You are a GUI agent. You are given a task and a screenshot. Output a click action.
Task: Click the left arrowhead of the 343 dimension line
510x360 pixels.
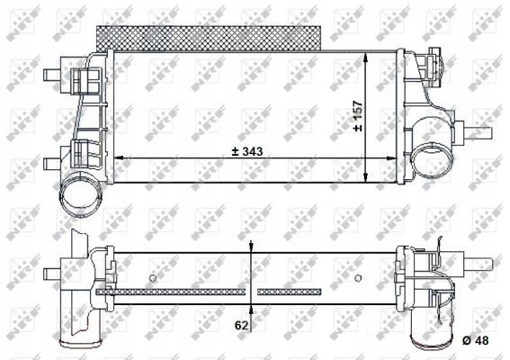click(124, 160)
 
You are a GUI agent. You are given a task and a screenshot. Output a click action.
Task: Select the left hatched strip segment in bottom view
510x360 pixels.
click(175, 292)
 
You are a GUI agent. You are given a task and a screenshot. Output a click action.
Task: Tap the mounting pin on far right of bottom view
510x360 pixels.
click(483, 263)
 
